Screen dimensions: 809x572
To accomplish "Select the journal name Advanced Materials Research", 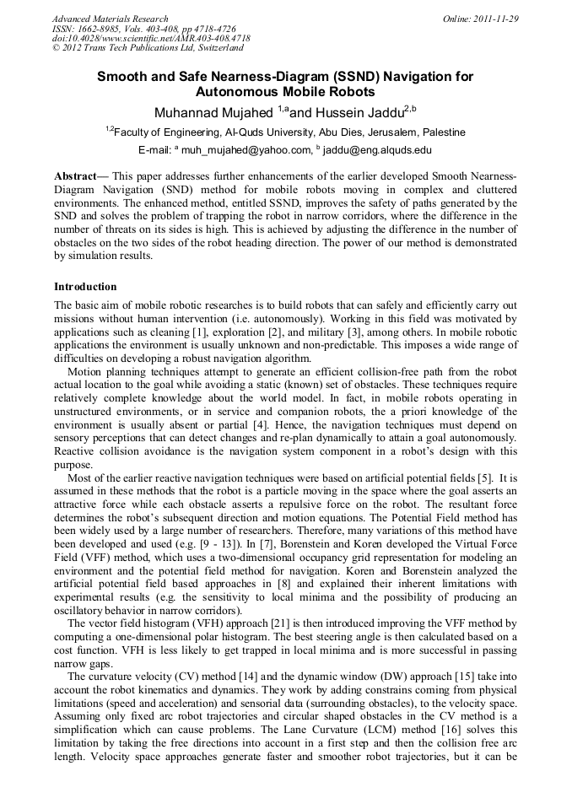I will point(110,19).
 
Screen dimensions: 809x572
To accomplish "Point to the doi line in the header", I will point(151,39).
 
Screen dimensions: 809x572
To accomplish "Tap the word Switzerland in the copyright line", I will point(214,49).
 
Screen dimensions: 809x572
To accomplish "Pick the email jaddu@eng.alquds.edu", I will point(376,151).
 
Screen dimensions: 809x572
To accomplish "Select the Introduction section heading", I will point(85,287).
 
